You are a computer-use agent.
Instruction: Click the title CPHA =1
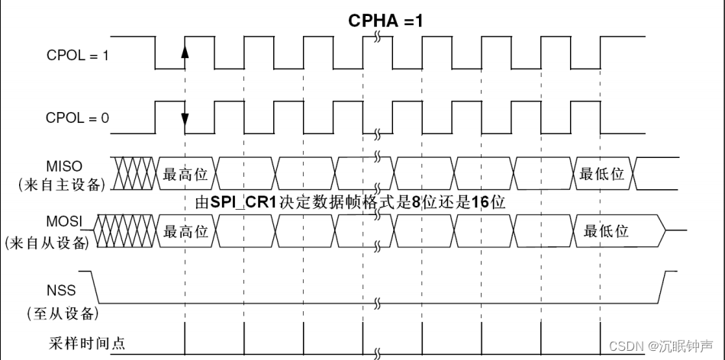tap(385, 21)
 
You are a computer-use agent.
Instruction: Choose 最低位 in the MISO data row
tap(602, 173)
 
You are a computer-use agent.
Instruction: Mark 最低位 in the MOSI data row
tap(606, 231)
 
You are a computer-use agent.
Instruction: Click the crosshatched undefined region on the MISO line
tap(134, 173)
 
